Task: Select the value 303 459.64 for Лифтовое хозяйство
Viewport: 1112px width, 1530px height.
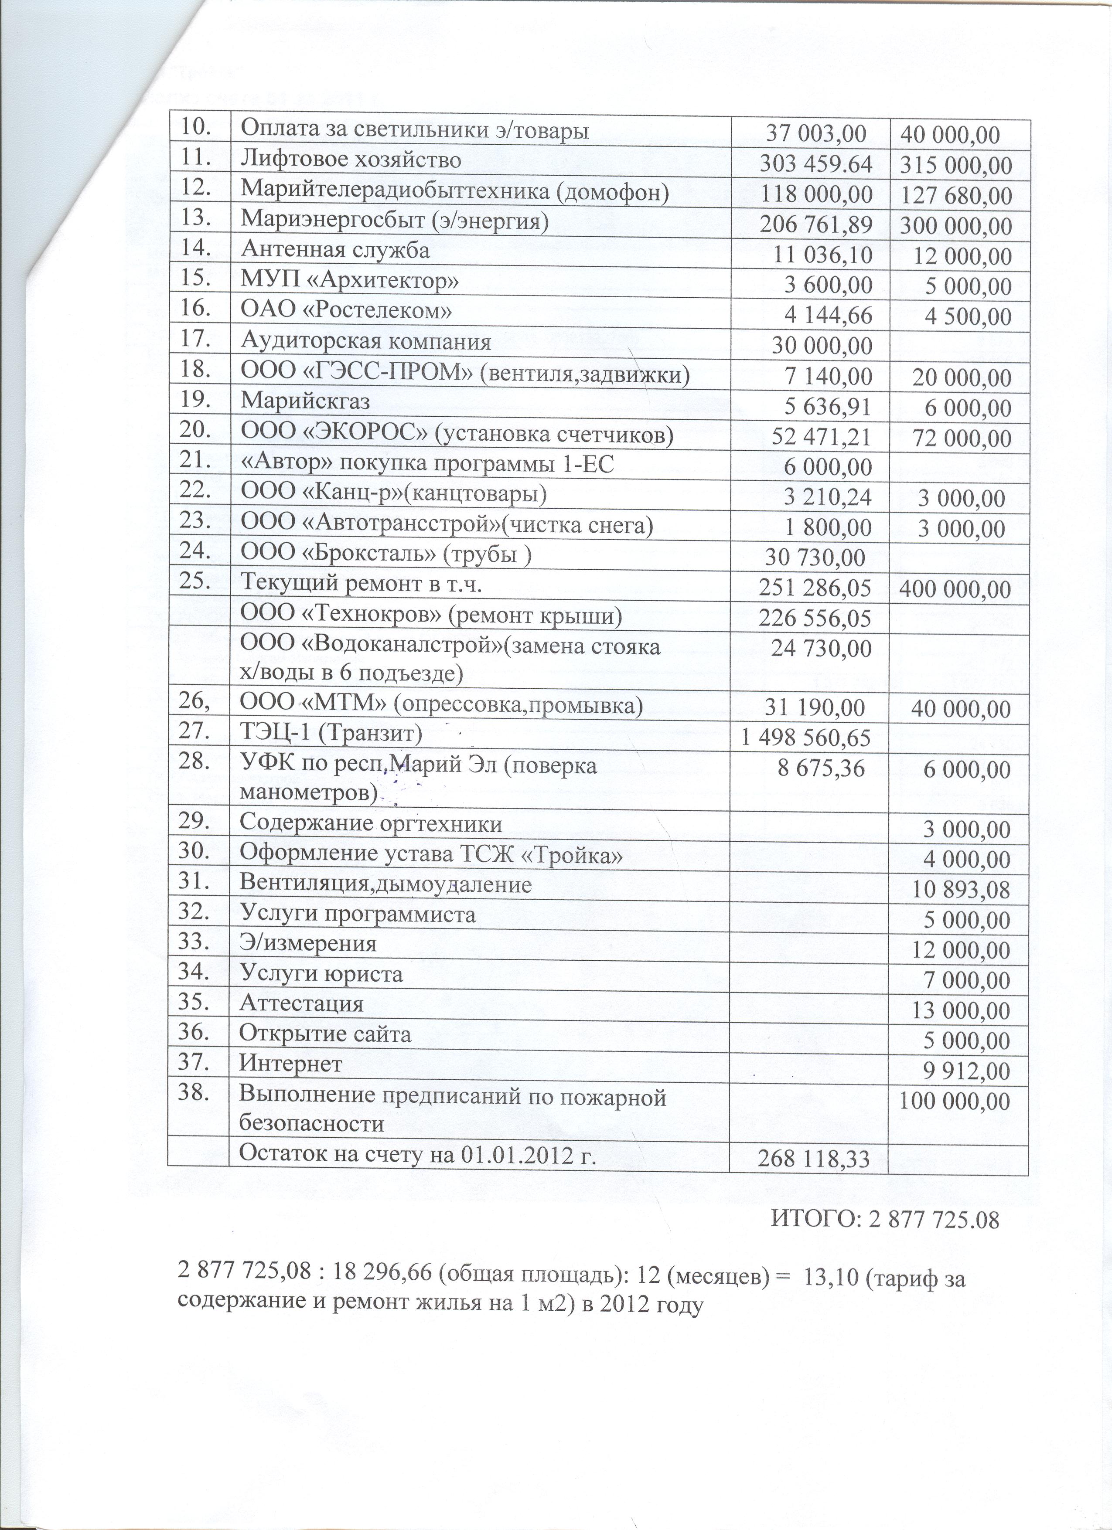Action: click(816, 164)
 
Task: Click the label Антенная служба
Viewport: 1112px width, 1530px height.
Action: click(335, 250)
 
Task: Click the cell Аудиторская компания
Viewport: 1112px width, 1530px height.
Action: click(366, 341)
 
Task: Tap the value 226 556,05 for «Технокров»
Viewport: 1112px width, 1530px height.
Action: click(816, 617)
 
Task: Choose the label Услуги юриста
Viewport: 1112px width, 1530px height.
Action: click(321, 973)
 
